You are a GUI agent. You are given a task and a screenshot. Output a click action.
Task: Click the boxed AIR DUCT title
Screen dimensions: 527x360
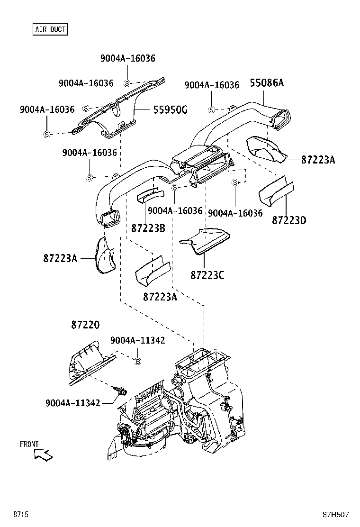(50, 29)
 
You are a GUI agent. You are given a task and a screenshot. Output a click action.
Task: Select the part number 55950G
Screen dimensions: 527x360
(170, 110)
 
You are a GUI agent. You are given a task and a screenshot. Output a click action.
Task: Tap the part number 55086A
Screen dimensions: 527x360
(266, 83)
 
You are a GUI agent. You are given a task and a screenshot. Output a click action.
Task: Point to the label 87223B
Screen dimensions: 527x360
(148, 228)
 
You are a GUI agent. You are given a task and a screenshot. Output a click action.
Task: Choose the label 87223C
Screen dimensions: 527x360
(207, 275)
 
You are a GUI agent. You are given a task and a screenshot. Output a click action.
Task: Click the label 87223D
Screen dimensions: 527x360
(289, 220)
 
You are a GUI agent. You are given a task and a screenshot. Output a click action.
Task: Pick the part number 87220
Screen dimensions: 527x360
(85, 325)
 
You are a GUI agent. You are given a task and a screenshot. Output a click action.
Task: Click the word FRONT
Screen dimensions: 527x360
(29, 444)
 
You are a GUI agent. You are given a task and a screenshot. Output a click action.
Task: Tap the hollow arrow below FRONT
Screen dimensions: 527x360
(44, 455)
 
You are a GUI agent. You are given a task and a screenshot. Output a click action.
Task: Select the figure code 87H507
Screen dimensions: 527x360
(336, 514)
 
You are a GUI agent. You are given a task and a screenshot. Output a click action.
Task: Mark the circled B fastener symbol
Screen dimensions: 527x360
(138, 362)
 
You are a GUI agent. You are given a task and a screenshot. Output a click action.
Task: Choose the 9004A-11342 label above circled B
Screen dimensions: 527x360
(138, 340)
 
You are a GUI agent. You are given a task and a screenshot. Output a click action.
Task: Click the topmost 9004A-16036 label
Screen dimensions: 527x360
(127, 58)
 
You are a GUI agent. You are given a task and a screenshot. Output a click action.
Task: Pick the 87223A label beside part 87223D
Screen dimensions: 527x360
(318, 160)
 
